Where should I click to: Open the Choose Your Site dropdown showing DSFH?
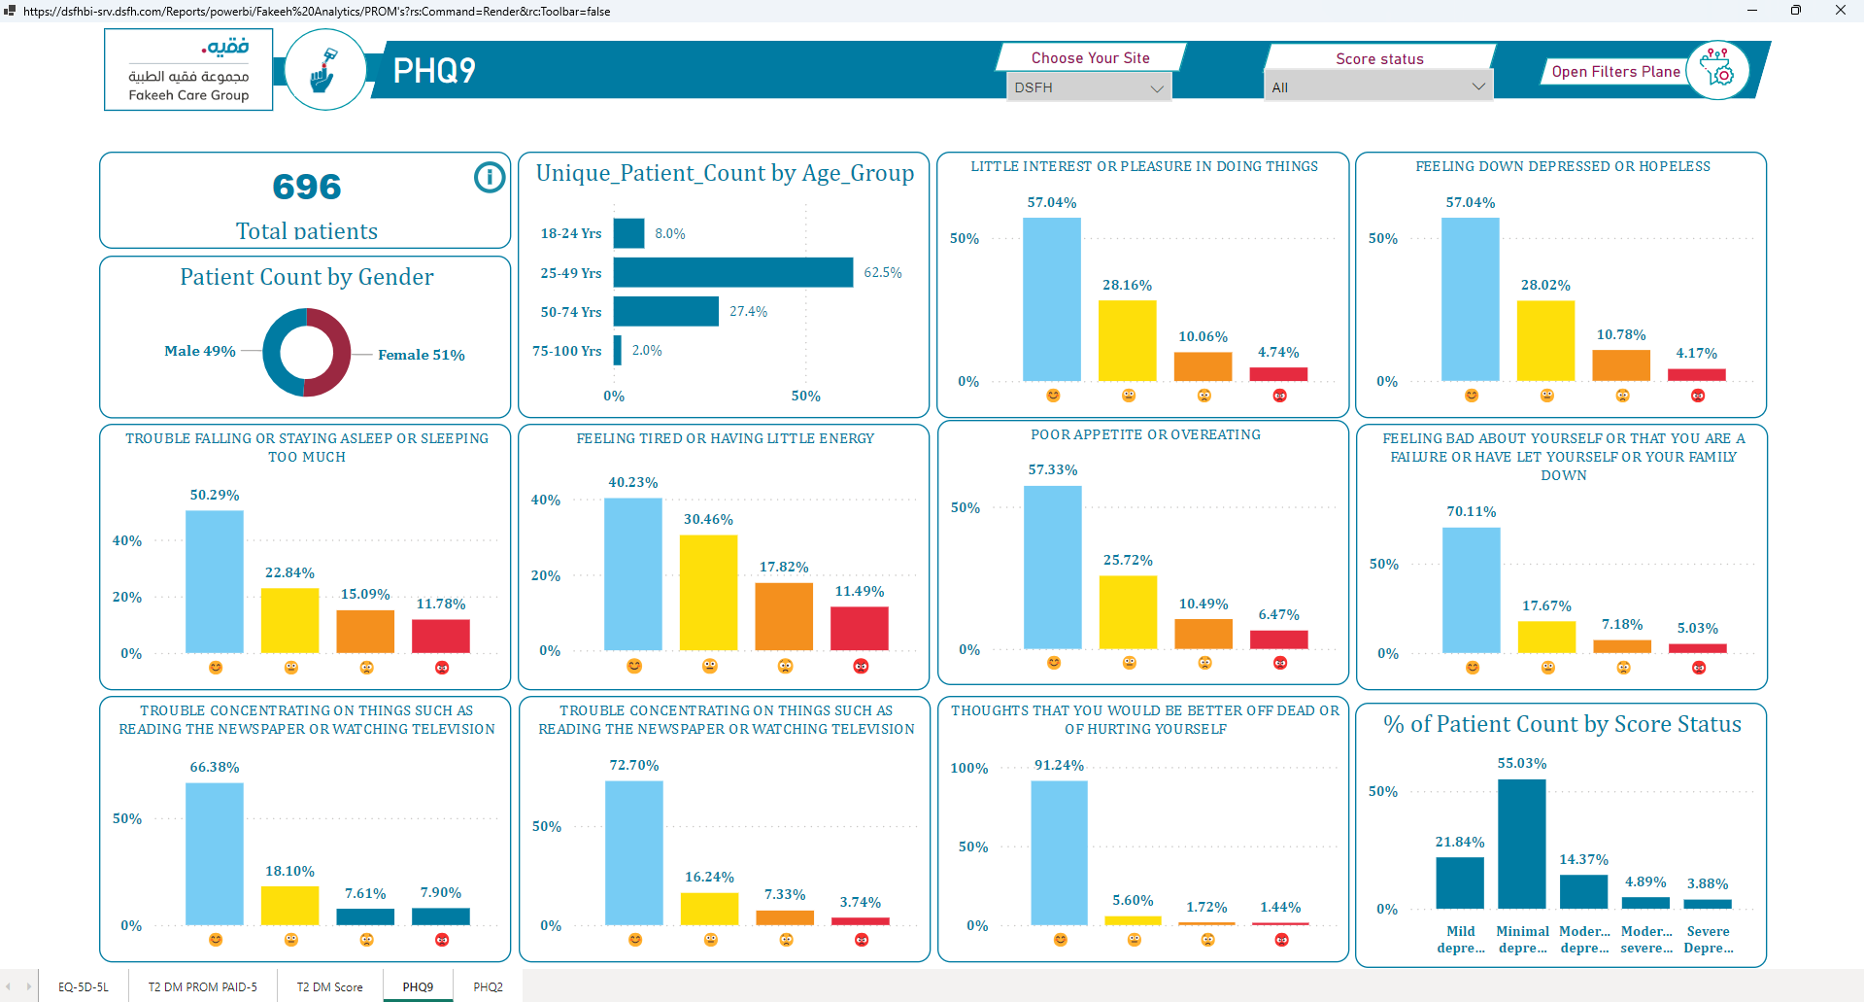pos(1088,87)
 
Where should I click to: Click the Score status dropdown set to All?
pos(1378,86)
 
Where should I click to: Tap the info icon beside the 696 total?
pos(490,177)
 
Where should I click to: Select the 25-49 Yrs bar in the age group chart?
pos(733,272)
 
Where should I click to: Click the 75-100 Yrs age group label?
pos(567,351)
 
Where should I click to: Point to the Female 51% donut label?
pos(422,355)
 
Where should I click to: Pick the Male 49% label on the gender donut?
pos(200,351)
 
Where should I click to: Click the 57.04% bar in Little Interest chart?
pos(1052,299)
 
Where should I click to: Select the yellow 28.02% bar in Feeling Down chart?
pos(1545,340)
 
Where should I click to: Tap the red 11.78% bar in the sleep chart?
pos(441,637)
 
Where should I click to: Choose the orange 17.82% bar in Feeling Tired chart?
pos(784,616)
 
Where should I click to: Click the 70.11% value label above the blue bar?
pos(1472,511)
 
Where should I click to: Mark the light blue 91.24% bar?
pos(1059,853)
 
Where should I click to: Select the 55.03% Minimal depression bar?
pos(1522,844)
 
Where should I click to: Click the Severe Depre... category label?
pos(1709,940)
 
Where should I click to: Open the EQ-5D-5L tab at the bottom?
pos(84,986)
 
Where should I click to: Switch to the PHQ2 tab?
pos(488,986)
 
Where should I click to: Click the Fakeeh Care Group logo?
pos(188,70)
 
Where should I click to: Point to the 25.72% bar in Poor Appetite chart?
pos(1128,612)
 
